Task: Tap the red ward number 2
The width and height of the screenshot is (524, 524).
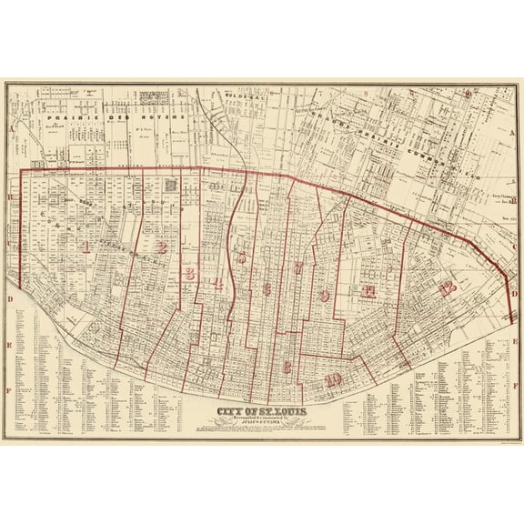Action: click(x=160, y=246)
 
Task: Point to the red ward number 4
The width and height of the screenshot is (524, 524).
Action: click(x=219, y=283)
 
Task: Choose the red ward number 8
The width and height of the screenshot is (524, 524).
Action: click(x=287, y=367)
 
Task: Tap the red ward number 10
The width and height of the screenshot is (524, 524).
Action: click(x=334, y=379)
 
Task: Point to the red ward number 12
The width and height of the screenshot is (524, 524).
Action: click(x=445, y=290)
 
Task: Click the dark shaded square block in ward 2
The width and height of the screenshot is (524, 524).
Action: click(x=171, y=186)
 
